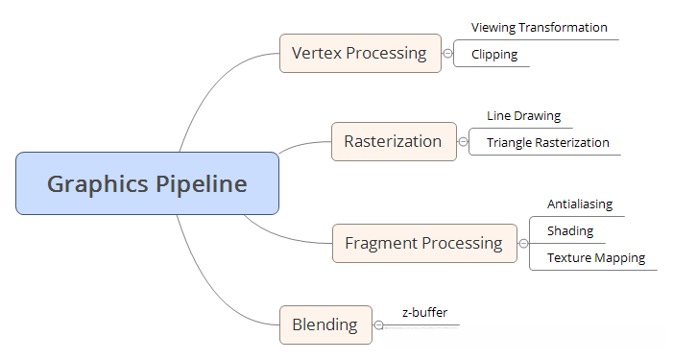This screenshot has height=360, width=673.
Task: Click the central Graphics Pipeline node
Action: point(147,183)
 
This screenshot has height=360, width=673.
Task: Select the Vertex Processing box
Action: point(360,53)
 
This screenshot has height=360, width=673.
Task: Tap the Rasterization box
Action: point(393,141)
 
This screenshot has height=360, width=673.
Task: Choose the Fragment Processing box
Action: point(423,243)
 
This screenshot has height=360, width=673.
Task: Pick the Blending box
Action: point(324,324)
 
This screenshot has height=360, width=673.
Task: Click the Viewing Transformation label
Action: point(539,28)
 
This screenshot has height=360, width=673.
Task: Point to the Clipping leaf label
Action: point(494,55)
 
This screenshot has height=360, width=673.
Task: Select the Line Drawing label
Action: point(523,115)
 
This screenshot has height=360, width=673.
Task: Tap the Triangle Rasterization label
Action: point(547,142)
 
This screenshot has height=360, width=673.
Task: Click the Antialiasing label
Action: point(579,204)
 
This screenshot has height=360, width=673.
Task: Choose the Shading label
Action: point(569,231)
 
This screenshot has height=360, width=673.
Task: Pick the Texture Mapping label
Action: point(595,257)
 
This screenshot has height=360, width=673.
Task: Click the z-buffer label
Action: point(424,312)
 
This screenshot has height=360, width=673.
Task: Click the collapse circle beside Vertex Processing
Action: point(447,54)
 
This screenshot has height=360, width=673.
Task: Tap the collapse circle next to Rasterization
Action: point(463,142)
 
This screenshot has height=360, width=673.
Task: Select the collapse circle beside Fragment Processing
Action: point(523,244)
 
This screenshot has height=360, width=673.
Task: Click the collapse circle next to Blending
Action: point(378,325)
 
